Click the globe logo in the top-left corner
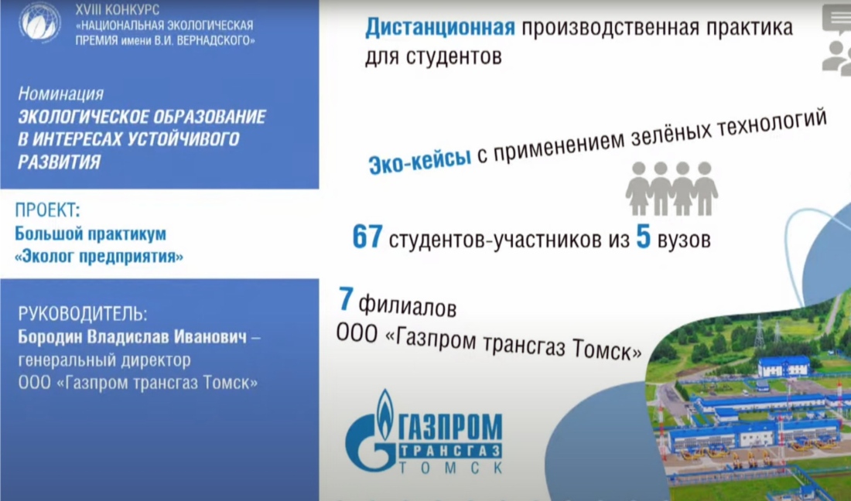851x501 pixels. pyautogui.click(x=39, y=22)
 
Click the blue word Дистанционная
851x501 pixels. pyautogui.click(x=440, y=28)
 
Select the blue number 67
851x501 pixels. pyautogui.click(x=367, y=236)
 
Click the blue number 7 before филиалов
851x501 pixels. pyautogui.click(x=347, y=298)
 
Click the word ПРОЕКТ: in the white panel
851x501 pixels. pyautogui.click(x=47, y=210)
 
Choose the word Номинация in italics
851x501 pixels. pyautogui.click(x=61, y=94)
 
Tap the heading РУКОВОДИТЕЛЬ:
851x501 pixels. pyautogui.click(x=83, y=313)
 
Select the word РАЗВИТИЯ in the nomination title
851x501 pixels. pyautogui.click(x=59, y=162)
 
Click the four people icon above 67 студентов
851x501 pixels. pyautogui.click(x=672, y=188)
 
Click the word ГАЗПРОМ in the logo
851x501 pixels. pyautogui.click(x=451, y=426)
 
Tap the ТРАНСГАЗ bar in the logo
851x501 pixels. pyautogui.click(x=450, y=451)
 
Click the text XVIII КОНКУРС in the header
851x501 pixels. pyautogui.click(x=118, y=10)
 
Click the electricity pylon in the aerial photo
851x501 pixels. pyautogui.click(x=759, y=332)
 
